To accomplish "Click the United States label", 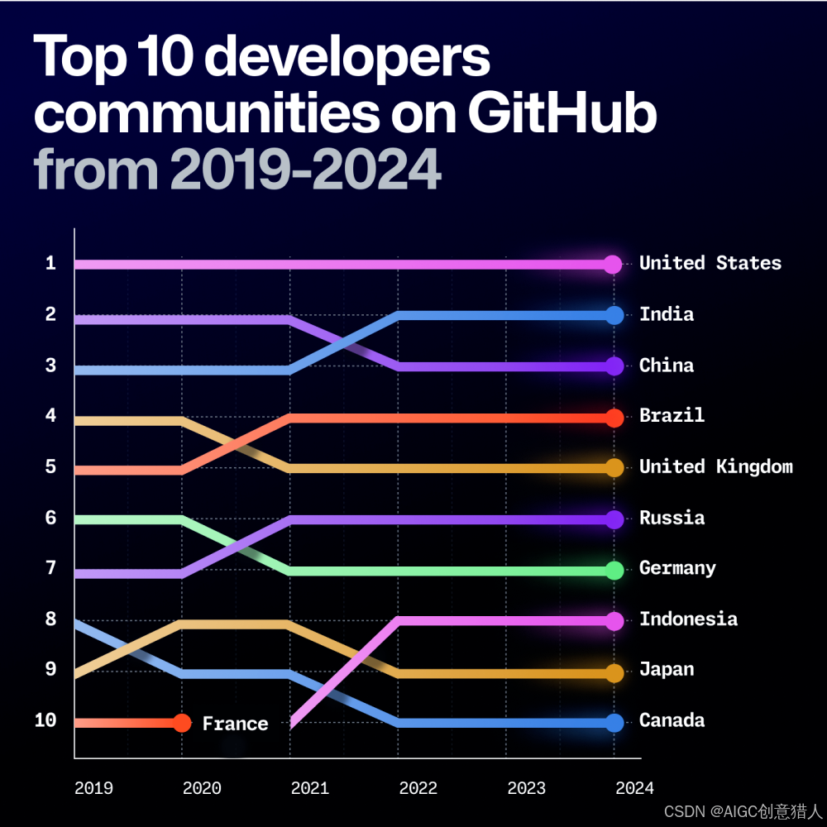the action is click(x=710, y=263).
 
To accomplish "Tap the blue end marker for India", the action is click(x=614, y=315).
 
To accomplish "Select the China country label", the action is click(x=666, y=365).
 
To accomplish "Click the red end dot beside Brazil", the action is click(x=614, y=418).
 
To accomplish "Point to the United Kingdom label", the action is click(x=715, y=466).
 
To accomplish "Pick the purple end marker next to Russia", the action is click(x=614, y=519).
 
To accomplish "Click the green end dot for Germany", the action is click(x=614, y=570).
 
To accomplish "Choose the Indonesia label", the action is click(x=688, y=619).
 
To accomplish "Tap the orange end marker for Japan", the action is click(x=614, y=673).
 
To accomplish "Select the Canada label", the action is click(x=672, y=720).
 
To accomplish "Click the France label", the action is click(x=235, y=723).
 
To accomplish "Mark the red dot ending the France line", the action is click(x=182, y=723).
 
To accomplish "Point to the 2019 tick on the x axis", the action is click(x=93, y=788).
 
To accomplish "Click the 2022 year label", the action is click(x=418, y=788).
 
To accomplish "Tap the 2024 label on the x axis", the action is click(x=634, y=788).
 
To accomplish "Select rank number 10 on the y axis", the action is click(x=45, y=720).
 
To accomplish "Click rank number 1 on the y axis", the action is click(x=50, y=263).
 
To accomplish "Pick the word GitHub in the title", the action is click(x=562, y=112).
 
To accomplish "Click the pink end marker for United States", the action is click(x=612, y=264).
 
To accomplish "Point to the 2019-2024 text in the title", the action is click(x=306, y=170).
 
